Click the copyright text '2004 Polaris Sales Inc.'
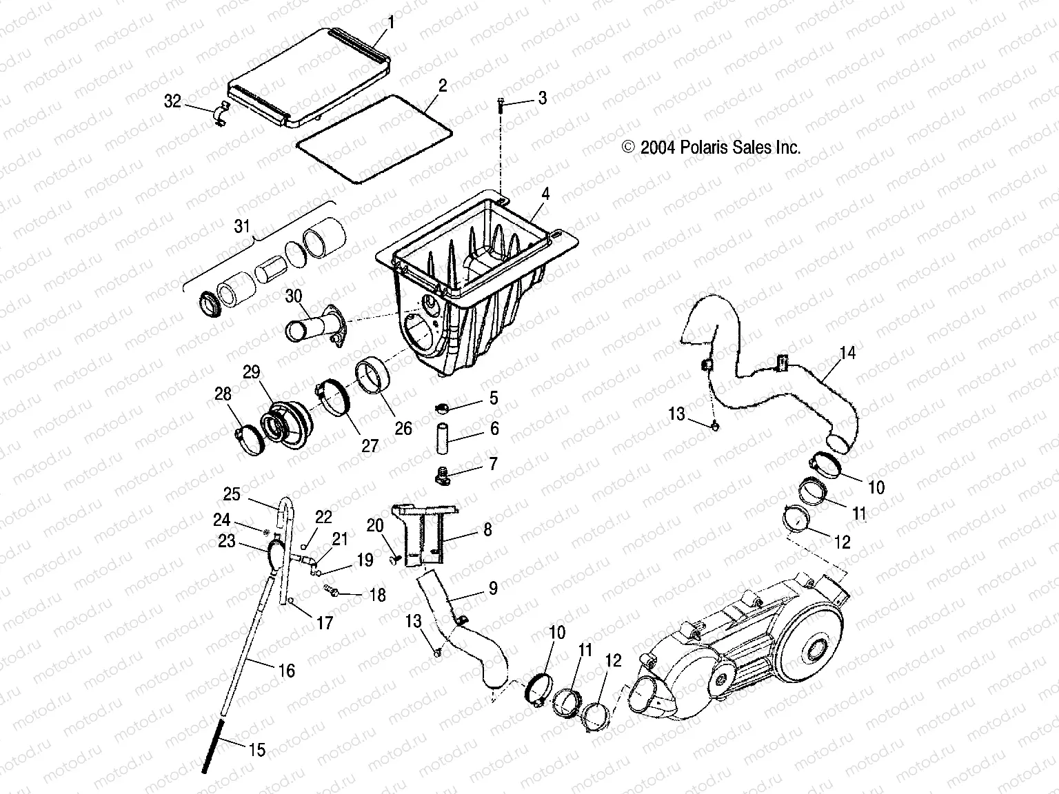tap(711, 147)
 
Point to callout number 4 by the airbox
tap(545, 194)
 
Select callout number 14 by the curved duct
tap(847, 353)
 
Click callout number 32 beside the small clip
tap(172, 101)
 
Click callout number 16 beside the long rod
tap(286, 670)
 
